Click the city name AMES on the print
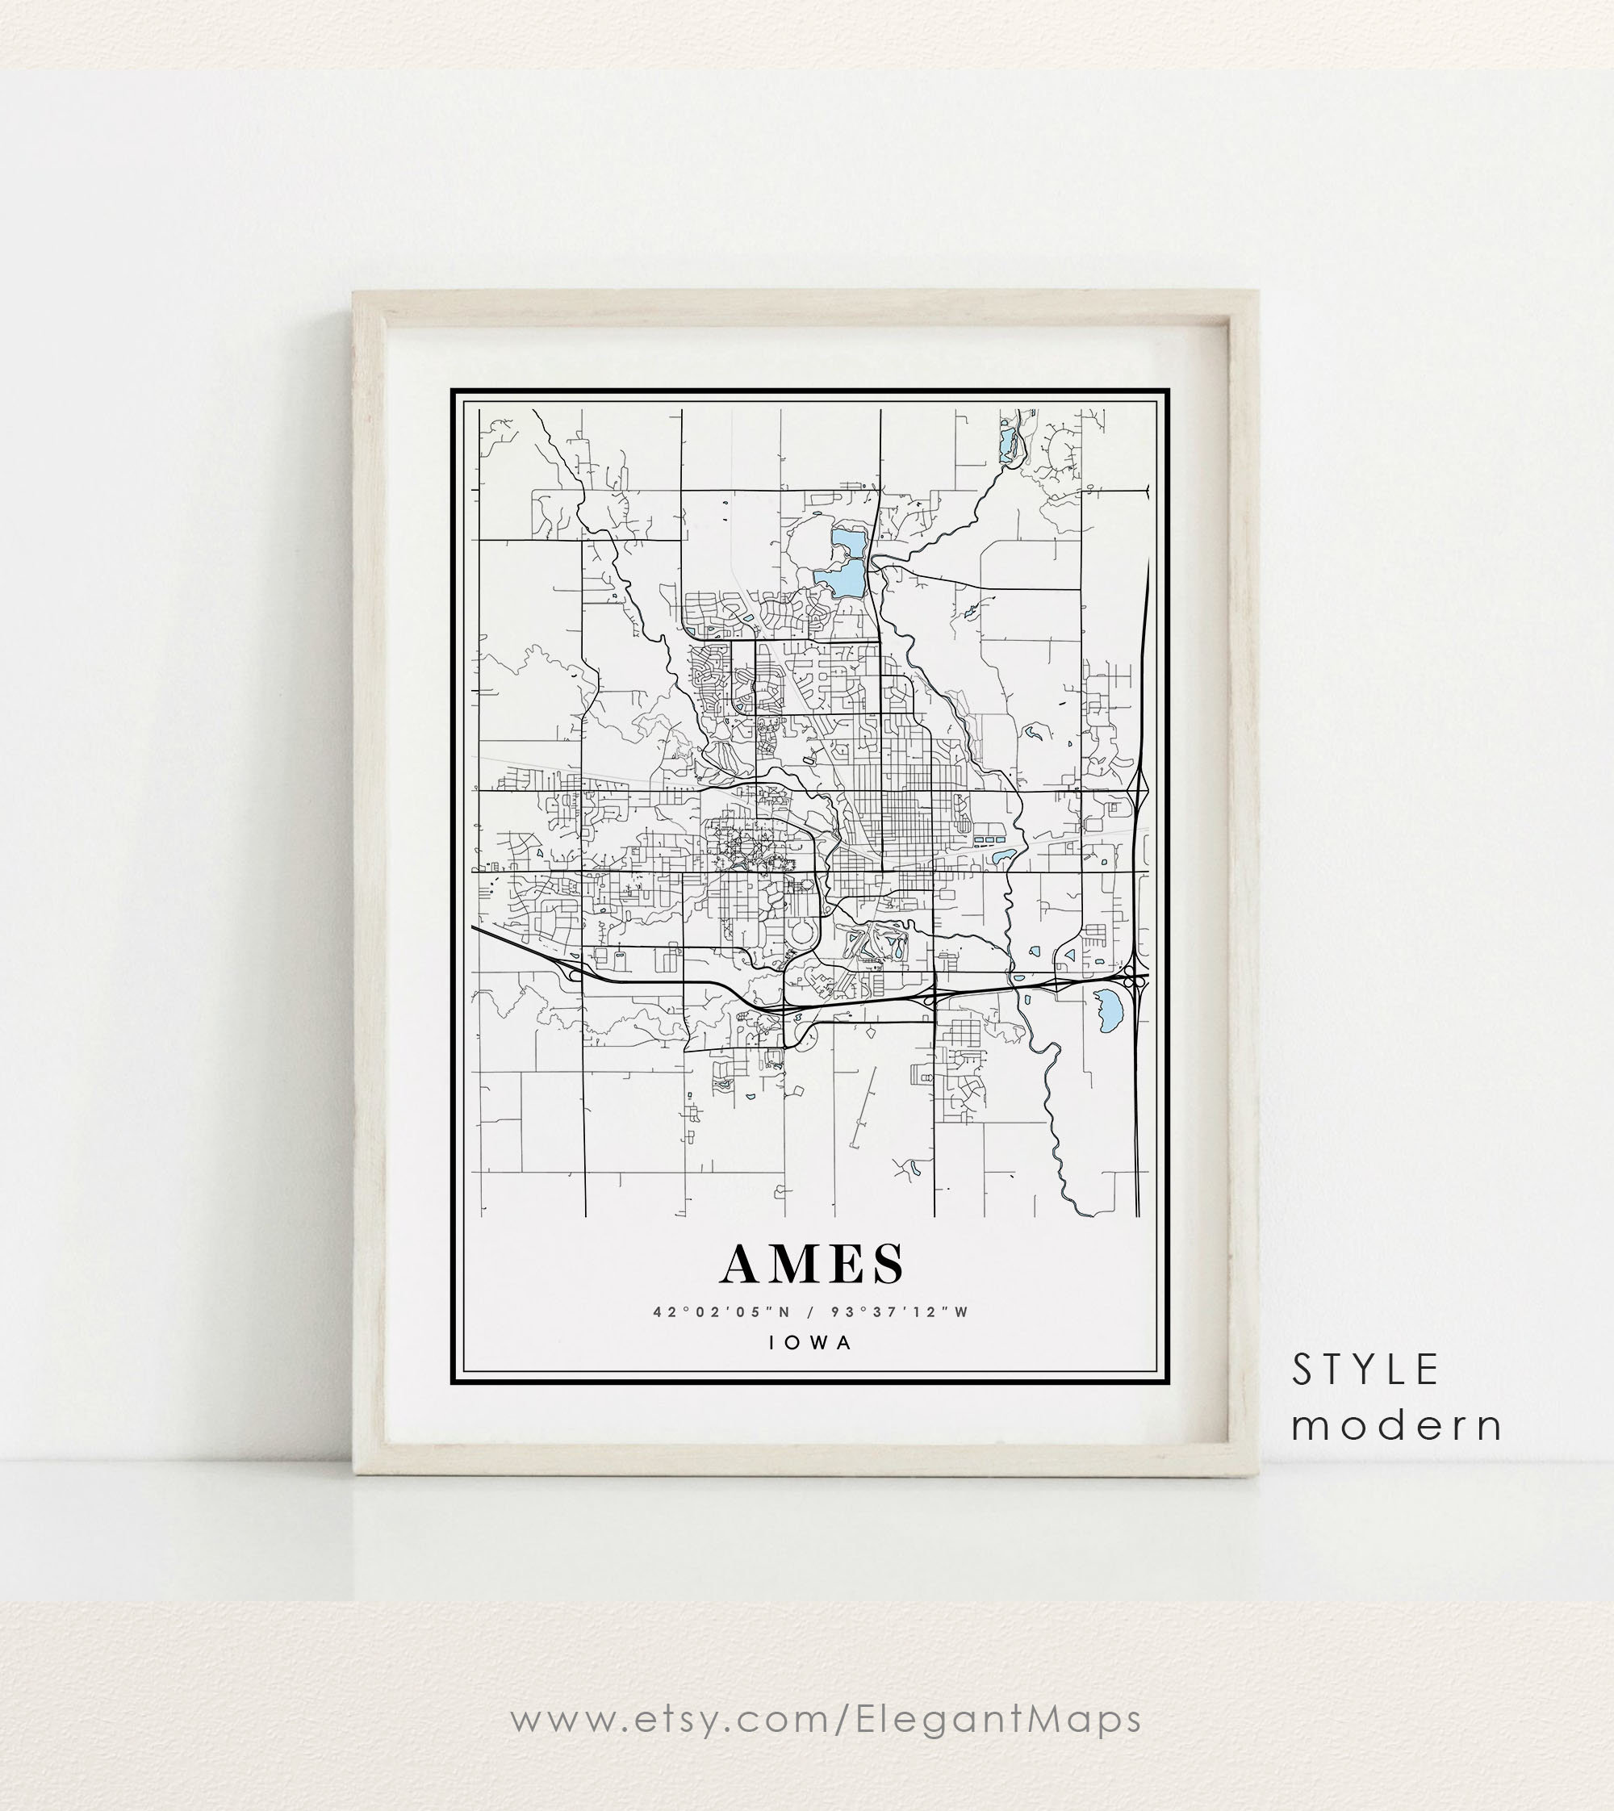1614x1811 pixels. pos(813,1264)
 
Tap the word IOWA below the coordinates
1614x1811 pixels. pos(810,1342)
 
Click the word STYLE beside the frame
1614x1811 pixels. pos(1365,1371)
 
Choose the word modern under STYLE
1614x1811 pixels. pos(1397,1426)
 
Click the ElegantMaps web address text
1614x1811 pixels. pos(826,1720)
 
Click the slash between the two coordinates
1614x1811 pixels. pos(810,1311)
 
